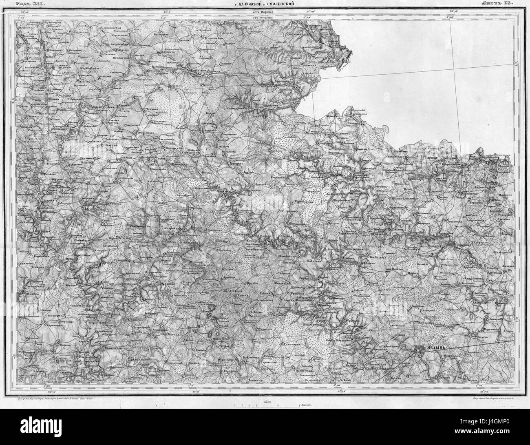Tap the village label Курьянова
coord(134,132)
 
